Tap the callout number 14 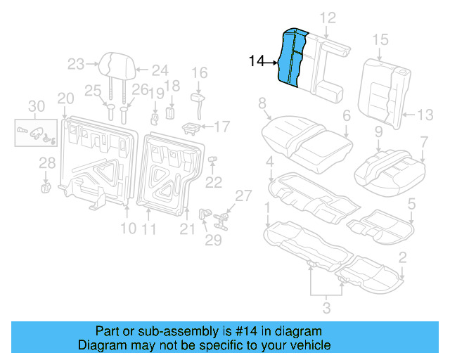point(256,63)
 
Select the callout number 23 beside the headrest point(76,65)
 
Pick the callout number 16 point(200,72)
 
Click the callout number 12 point(328,18)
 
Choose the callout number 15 point(380,39)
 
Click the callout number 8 point(262,104)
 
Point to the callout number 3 point(326,306)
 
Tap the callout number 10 point(127,228)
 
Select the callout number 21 point(187,227)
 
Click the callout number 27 point(242,195)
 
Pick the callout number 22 point(213,182)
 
